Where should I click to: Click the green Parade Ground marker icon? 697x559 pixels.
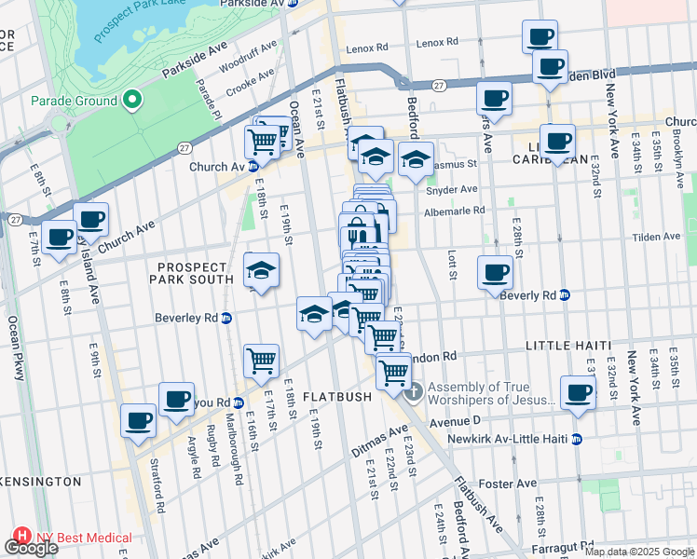click(132, 101)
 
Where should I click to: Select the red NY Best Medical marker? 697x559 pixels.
click(20, 538)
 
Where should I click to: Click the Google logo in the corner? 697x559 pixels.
click(31, 549)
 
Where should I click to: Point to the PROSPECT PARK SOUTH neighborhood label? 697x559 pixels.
click(194, 272)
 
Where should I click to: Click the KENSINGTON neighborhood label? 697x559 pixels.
click(40, 482)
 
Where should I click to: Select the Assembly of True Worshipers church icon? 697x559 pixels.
click(414, 389)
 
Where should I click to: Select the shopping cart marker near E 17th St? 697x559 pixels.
click(262, 360)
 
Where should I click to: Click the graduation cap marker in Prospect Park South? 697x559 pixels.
click(262, 271)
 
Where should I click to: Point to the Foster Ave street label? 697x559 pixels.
click(507, 484)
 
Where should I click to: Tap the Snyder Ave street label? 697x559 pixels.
click(451, 189)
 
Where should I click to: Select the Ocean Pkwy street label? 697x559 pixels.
click(14, 345)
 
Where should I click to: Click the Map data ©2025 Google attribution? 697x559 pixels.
click(639, 552)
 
